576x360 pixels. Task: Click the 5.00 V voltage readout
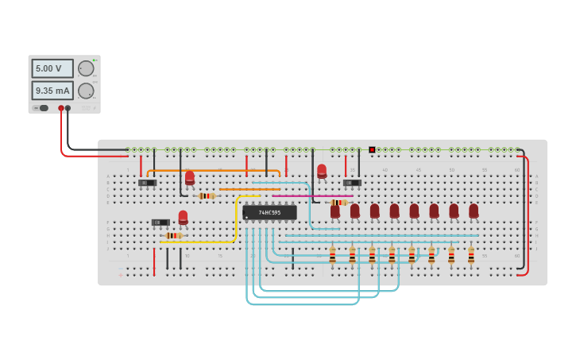pos(52,69)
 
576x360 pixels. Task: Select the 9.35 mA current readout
pos(52,91)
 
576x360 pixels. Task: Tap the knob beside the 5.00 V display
pos(86,68)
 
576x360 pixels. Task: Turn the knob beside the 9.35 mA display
pos(86,91)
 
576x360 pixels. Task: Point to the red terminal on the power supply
pos(60,108)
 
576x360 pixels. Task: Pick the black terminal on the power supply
pos(68,108)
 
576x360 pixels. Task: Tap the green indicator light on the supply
pos(95,60)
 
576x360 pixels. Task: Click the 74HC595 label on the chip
pos(270,213)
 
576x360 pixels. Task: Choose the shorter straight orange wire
pos(249,189)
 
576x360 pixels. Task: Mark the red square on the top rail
pos(372,149)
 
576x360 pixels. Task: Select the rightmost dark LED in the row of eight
pos(474,211)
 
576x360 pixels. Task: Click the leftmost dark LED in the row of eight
pos(334,211)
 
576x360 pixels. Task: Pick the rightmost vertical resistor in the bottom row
pos(471,255)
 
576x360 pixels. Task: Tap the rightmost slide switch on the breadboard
pos(352,183)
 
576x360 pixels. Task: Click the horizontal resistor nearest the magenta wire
pos(338,203)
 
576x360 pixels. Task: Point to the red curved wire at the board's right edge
pos(527,215)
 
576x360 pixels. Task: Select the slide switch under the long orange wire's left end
pos(147,183)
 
